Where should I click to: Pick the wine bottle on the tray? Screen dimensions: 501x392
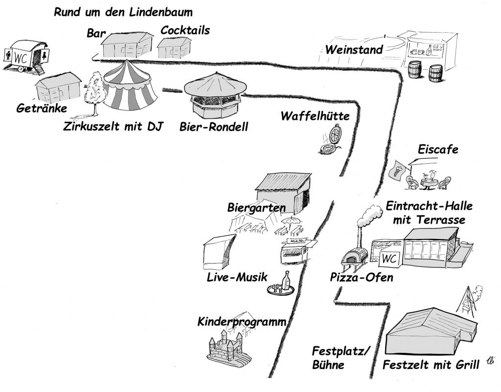pos(287,281)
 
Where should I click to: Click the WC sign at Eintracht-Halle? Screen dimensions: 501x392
pos(388,259)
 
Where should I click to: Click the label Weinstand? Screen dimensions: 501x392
pos(354,50)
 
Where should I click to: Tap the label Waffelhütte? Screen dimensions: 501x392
pos(315,116)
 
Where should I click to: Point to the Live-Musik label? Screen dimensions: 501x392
pos(237,277)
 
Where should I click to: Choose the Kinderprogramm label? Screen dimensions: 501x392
pos(242,322)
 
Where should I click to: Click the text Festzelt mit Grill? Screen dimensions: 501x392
pos(431,365)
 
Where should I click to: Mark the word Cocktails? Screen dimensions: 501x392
pos(185,30)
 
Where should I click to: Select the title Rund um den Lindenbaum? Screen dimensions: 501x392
pos(123,12)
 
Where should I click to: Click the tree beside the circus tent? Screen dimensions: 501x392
pos(94,91)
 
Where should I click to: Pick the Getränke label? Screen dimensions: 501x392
pos(42,108)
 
